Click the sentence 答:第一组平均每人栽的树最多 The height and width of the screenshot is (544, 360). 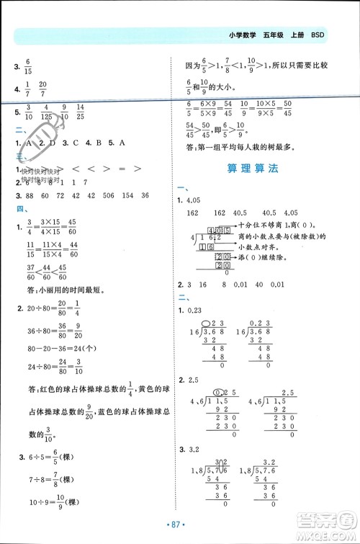[240, 146]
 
